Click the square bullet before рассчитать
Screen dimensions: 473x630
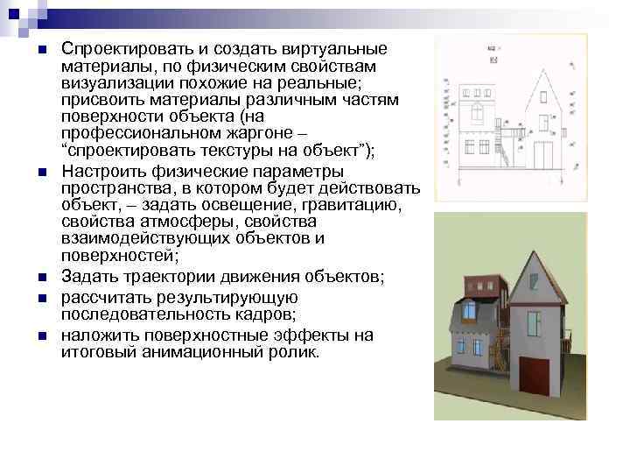(41, 299)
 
